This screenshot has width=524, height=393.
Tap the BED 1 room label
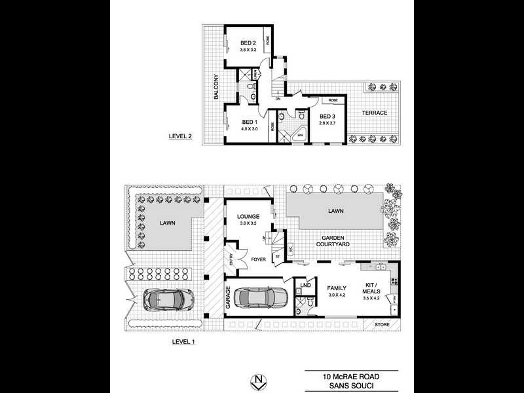[x=250, y=122]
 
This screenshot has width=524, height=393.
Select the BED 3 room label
[x=327, y=117]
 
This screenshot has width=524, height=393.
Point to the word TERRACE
[x=375, y=113]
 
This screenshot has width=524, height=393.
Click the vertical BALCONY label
[x=215, y=88]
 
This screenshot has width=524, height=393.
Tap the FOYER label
[x=259, y=259]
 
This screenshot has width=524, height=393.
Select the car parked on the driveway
[x=164, y=299]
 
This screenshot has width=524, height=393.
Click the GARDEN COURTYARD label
[x=335, y=240]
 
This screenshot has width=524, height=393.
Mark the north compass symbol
[x=261, y=381]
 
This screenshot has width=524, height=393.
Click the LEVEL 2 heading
[x=181, y=137]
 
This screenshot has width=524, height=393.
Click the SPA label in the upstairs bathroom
[x=301, y=136]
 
